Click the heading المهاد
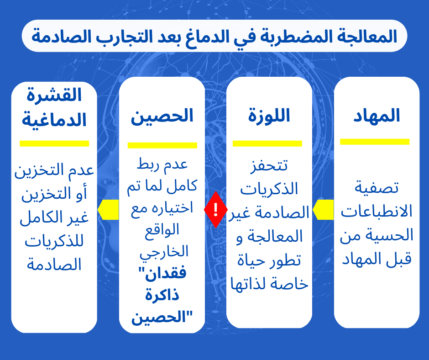[377, 116]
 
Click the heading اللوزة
[269, 116]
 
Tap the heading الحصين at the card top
[162, 116]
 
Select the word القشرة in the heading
[54, 95]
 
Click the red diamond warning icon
[215, 210]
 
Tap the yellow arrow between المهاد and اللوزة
[323, 210]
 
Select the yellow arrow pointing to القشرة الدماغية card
[108, 210]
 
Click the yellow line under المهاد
[375, 142]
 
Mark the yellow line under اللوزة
[267, 143]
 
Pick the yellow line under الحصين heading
[162, 145]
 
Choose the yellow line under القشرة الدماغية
[54, 143]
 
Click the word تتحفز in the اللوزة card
[269, 166]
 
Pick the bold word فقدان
[162, 273]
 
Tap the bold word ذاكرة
[162, 295]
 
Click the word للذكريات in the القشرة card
[54, 242]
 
